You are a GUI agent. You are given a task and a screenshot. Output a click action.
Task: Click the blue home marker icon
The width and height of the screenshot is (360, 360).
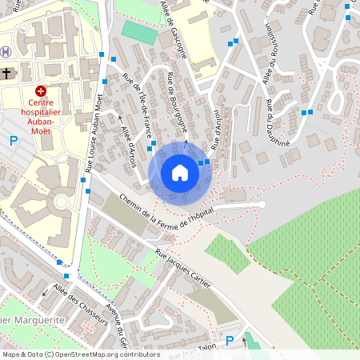(x=179, y=173)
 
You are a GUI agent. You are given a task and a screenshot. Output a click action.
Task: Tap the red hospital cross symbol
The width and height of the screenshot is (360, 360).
(x=41, y=91)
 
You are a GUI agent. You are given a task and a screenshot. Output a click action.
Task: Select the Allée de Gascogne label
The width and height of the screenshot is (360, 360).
(x=174, y=29)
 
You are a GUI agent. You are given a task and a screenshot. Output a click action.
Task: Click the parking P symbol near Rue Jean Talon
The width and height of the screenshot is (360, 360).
(x=230, y=341)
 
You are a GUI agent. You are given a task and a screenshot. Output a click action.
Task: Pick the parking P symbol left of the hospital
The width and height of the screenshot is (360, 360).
(x=13, y=141)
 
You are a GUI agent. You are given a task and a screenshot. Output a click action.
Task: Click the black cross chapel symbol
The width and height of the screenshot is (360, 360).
(x=7, y=74)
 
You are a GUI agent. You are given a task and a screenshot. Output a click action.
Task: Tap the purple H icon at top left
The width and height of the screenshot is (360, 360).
(x=6, y=52)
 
